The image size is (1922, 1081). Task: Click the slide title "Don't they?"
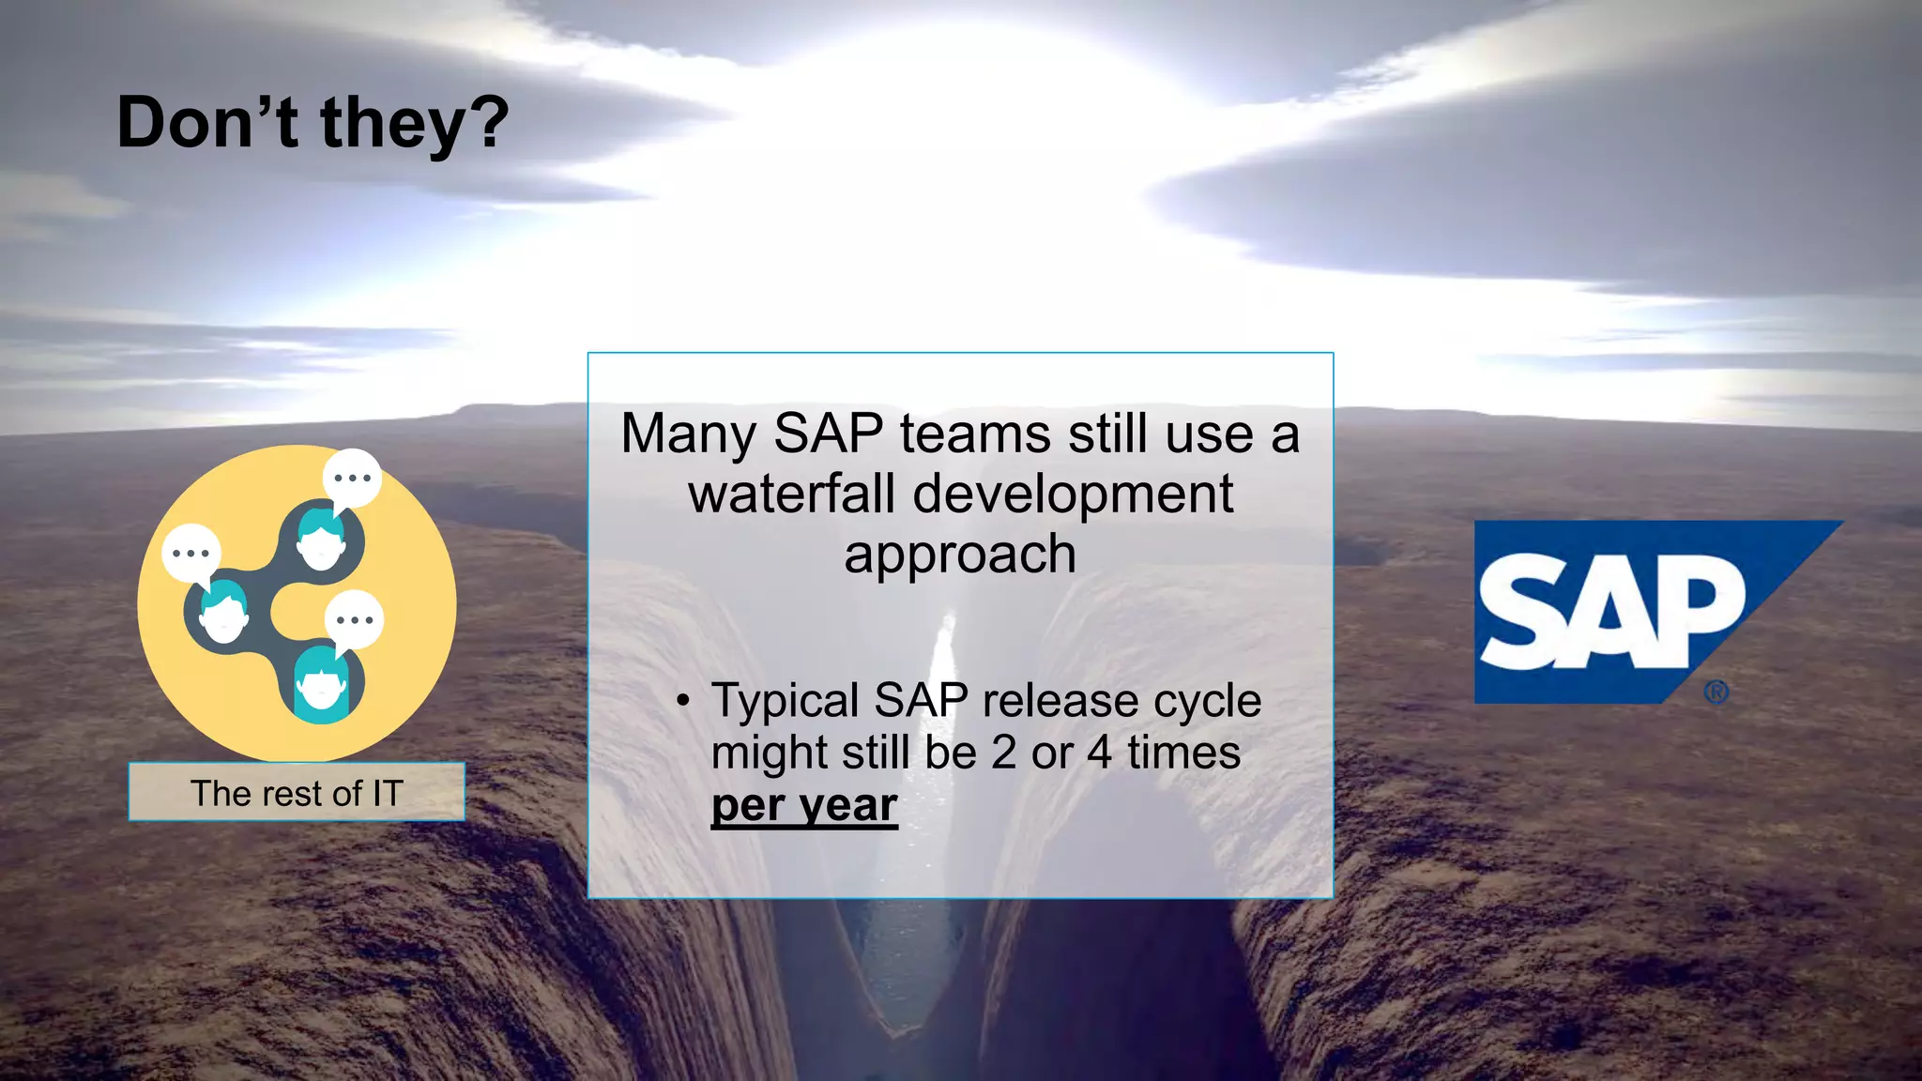[x=313, y=123]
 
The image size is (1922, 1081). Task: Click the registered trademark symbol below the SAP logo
[x=1716, y=693]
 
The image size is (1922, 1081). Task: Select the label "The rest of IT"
[x=297, y=793]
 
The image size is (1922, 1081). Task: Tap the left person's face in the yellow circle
[x=224, y=615]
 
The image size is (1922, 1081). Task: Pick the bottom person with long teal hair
[x=322, y=685]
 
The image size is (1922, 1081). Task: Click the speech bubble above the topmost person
[x=352, y=479]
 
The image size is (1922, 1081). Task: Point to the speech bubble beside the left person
[x=191, y=554]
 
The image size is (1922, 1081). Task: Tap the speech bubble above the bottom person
[x=355, y=620]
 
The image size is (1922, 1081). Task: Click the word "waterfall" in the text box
[x=790, y=495]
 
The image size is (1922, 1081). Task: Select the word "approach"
[x=959, y=554]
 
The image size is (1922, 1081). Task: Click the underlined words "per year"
[x=804, y=805]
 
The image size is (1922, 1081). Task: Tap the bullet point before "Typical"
[x=683, y=701]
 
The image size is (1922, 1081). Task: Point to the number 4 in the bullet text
[x=1099, y=753]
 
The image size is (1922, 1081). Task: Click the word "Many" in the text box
[x=688, y=434]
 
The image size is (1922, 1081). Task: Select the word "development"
[x=1073, y=495]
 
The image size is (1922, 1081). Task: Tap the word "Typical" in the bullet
[x=786, y=701]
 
